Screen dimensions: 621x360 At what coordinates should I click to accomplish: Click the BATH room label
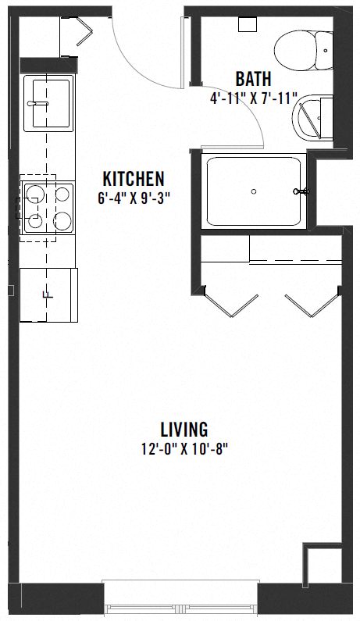click(254, 79)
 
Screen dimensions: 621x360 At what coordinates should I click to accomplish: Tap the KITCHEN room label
click(134, 178)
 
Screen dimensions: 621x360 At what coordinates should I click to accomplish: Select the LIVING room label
click(184, 429)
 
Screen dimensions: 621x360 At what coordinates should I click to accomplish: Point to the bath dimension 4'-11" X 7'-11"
click(254, 99)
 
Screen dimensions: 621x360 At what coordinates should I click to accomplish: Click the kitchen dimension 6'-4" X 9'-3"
click(134, 198)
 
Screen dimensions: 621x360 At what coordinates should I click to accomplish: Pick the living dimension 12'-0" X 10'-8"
click(184, 449)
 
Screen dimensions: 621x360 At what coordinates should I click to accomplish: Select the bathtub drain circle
click(254, 191)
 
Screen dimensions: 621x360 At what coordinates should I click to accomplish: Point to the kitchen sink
click(48, 103)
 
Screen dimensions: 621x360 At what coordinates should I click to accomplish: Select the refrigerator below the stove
click(48, 294)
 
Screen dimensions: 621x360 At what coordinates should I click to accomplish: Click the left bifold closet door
click(230, 305)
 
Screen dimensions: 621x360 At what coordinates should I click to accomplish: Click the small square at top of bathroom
click(248, 23)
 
